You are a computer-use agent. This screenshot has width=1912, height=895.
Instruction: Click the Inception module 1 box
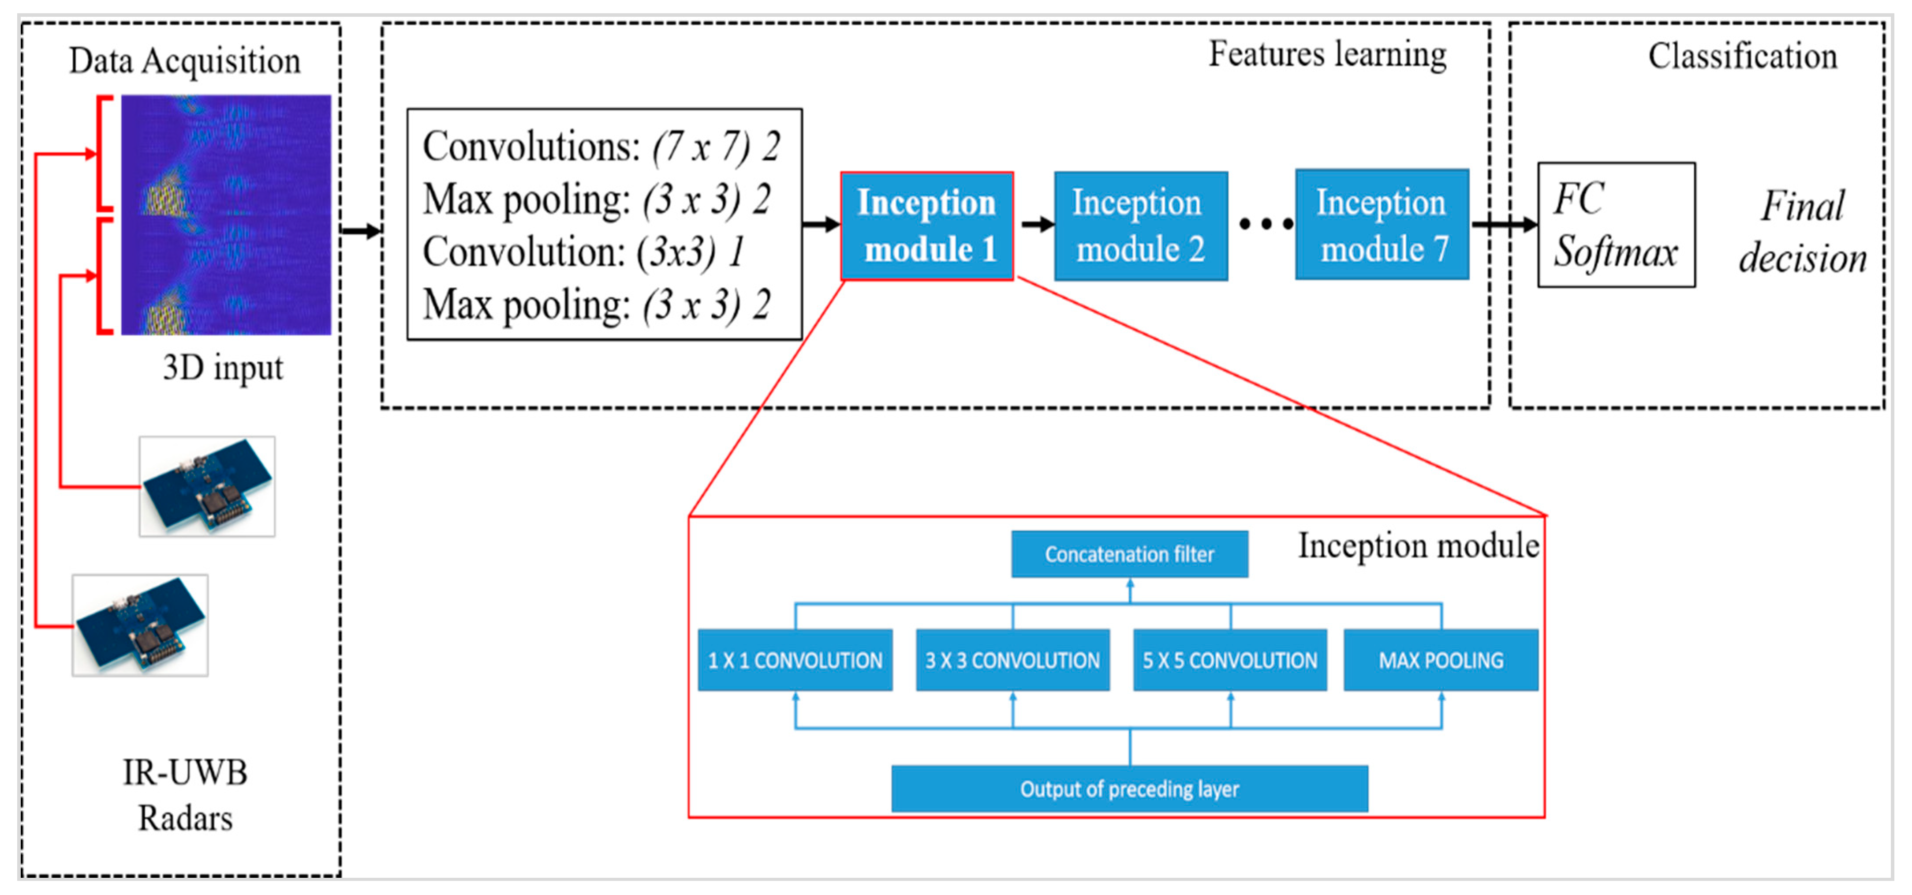point(926,226)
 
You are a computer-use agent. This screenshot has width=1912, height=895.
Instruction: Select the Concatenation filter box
point(1129,554)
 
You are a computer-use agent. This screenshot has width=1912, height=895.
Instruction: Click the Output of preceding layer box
point(1129,789)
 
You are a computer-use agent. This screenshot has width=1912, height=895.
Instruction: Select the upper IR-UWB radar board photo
point(207,486)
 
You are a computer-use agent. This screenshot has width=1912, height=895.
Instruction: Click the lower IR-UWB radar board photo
point(140,624)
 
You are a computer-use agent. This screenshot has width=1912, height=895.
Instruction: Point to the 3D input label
point(223,368)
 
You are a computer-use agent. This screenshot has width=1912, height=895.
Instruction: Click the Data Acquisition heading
point(185,61)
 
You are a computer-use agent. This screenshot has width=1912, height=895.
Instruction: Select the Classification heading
point(1742,56)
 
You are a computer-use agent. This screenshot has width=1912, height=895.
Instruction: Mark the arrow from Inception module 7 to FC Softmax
point(1504,224)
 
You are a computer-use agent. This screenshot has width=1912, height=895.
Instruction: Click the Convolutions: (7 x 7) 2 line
point(601,147)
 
